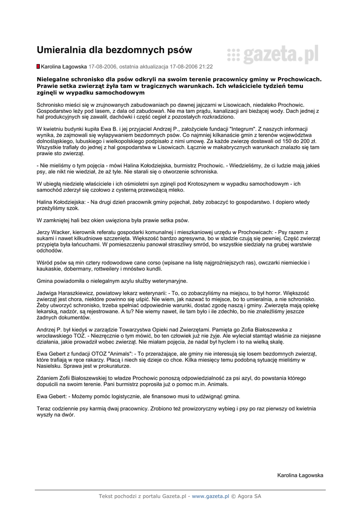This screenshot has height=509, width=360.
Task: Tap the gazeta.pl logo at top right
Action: point(272,55)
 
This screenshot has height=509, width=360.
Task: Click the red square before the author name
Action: point(38,66)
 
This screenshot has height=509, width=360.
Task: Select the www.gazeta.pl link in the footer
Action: point(210,496)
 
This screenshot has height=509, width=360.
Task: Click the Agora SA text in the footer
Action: point(249,496)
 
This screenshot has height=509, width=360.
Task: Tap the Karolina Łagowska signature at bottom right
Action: point(300,475)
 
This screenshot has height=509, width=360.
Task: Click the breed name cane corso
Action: point(140,262)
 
